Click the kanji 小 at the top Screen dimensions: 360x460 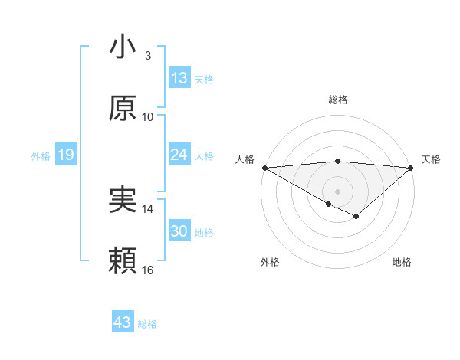coord(123,47)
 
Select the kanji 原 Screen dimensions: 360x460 coord(123,109)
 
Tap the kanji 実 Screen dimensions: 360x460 coord(123,201)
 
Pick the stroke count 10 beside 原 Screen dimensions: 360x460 coord(148,116)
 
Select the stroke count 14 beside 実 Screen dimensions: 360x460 coord(148,208)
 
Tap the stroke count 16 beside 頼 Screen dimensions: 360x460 coord(148,270)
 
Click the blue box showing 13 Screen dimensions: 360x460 coord(179,78)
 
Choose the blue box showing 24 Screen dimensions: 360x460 coord(179,155)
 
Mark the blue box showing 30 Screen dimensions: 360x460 coord(179,231)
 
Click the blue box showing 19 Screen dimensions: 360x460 coord(65,155)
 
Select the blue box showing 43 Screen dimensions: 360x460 coord(123,322)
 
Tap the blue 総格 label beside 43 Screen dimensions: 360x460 coord(147,324)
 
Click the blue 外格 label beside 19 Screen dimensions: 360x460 coord(41,156)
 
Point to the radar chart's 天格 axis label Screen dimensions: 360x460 coord(432,159)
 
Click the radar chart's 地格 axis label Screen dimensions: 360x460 coord(402,262)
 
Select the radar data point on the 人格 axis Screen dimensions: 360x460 coord(264,167)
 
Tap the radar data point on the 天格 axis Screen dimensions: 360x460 coord(411,167)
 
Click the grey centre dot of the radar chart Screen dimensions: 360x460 coord(337,191)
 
